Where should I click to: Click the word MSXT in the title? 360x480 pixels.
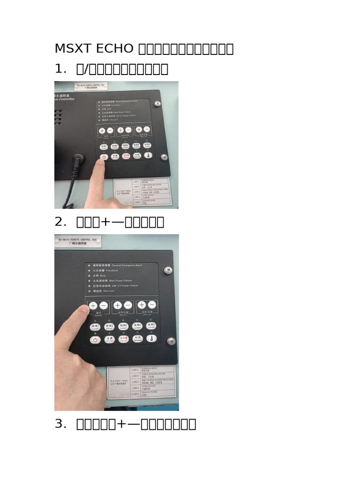click(x=72, y=49)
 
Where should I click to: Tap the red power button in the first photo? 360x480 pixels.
click(x=104, y=156)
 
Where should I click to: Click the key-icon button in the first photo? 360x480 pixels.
click(x=148, y=155)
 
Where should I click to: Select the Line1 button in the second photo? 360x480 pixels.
click(x=95, y=326)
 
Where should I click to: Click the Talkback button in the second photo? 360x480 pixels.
click(x=138, y=338)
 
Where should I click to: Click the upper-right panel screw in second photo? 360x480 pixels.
click(x=167, y=270)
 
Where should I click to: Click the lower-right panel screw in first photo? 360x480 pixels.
click(x=164, y=157)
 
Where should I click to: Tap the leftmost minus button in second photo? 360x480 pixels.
click(x=104, y=306)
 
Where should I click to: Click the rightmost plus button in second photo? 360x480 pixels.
click(x=142, y=305)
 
